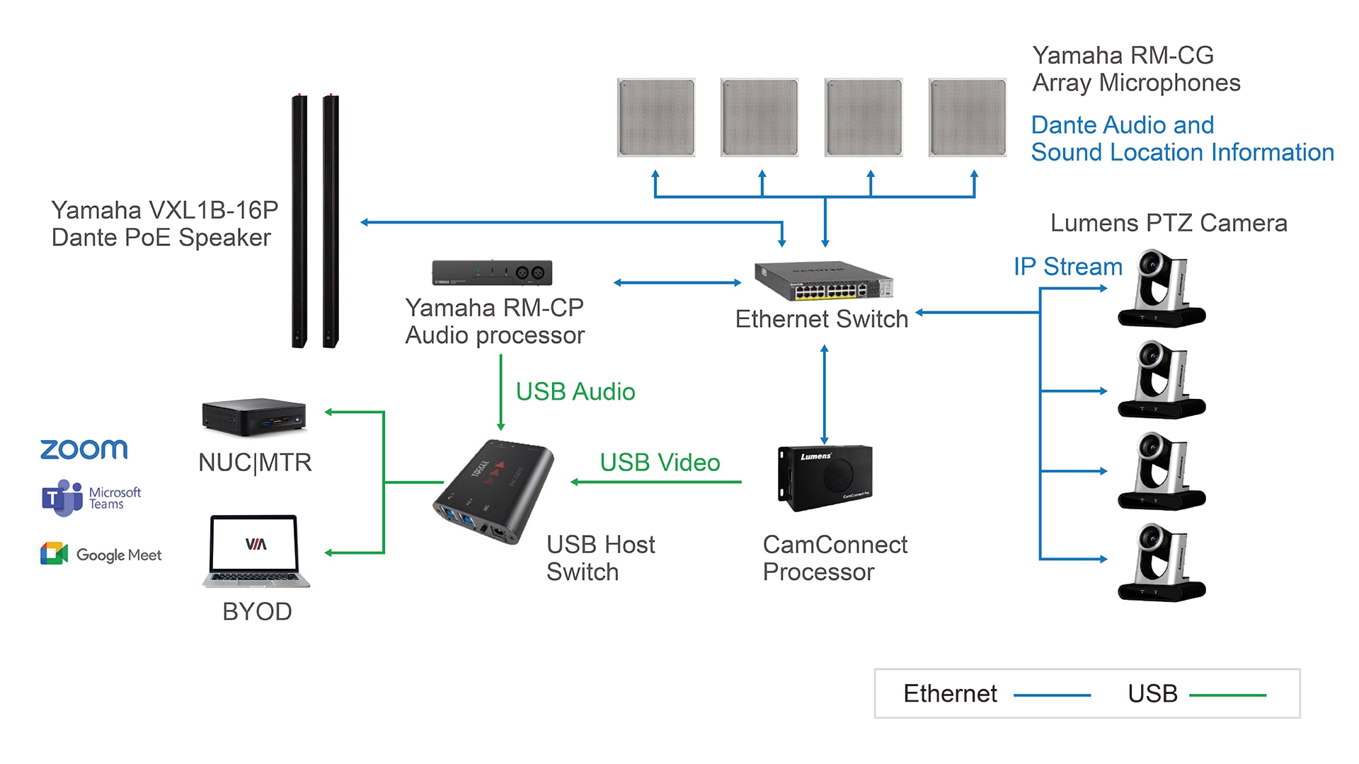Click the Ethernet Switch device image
click(823, 282)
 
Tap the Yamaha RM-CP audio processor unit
click(492, 272)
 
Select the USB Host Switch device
click(493, 492)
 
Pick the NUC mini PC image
click(253, 417)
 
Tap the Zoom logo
click(84, 449)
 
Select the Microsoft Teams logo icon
click(62, 498)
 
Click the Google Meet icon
click(55, 554)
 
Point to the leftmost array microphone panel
click(656, 117)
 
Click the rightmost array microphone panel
click(968, 117)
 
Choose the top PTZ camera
click(1162, 288)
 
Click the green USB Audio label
click(575, 392)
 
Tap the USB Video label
click(660, 463)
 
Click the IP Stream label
click(1067, 267)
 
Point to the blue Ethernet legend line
click(1052, 695)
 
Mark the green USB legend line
click(1227, 695)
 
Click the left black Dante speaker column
click(299, 221)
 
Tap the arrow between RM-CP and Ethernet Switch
click(677, 283)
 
